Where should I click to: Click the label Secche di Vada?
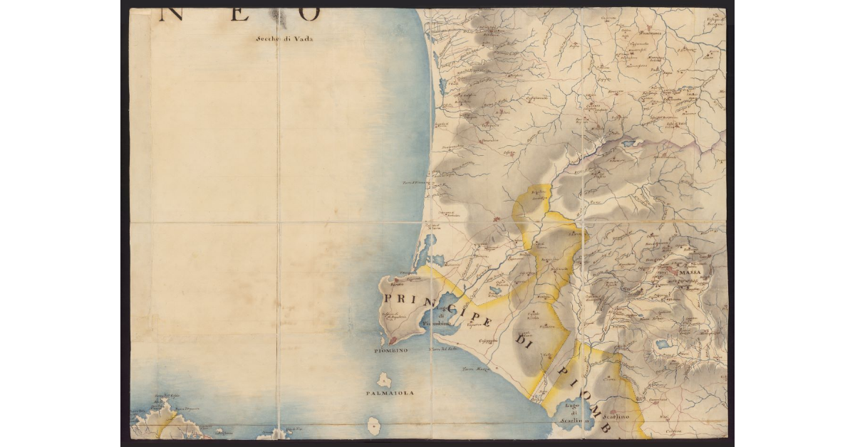pyautogui.click(x=284, y=39)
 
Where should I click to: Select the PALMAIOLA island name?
pyautogui.click(x=390, y=392)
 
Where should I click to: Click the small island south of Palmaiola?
pyautogui.click(x=373, y=426)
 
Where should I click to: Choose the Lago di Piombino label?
pyautogui.click(x=442, y=318)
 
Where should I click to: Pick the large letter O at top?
pyautogui.click(x=309, y=12)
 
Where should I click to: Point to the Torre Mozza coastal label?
pyautogui.click(x=477, y=369)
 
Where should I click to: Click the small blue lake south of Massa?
pyautogui.click(x=663, y=344)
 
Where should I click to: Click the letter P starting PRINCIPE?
pyautogui.click(x=389, y=298)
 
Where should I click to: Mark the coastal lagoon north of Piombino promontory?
pyautogui.click(x=428, y=249)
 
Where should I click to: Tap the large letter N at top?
pyautogui.click(x=171, y=12)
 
